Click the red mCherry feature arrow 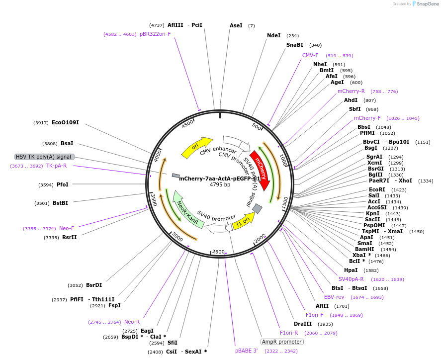261,169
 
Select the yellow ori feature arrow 195,147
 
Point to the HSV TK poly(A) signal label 44,157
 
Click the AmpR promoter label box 282,342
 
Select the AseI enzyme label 236,25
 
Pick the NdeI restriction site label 273,36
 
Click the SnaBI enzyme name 294,45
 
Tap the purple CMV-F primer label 310,56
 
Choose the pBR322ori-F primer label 155,34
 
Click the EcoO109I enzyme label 65,122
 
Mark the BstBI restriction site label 60,203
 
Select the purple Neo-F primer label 67,228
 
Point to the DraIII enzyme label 302,324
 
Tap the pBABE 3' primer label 247,351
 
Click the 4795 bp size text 220,185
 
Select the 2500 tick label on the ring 218,252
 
